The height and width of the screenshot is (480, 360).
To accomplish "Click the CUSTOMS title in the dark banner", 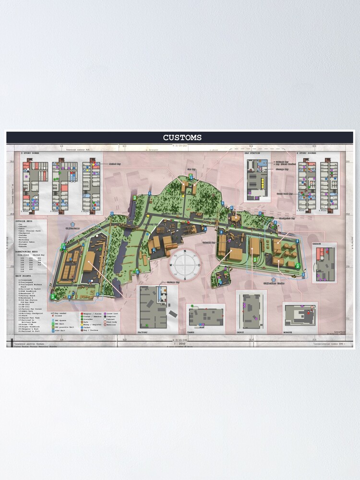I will (x=182, y=138).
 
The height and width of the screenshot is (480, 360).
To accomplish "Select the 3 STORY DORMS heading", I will (x=30, y=153).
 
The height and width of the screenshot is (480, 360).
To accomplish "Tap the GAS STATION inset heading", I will (x=252, y=153).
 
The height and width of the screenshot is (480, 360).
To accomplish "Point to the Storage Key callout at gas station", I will (x=281, y=168).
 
